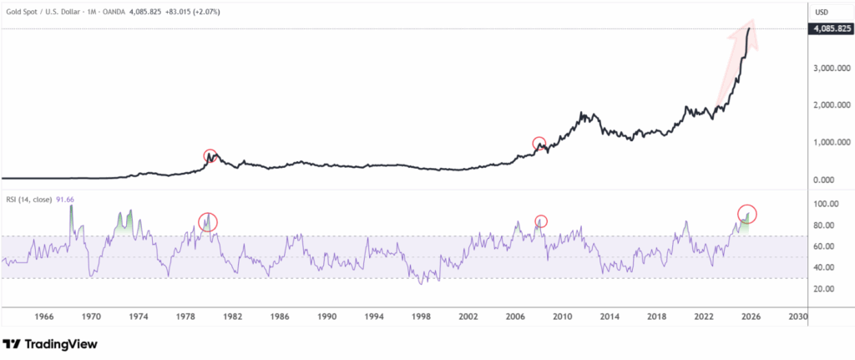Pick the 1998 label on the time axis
[421, 318]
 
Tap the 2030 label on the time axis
[798, 318]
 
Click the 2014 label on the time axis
[610, 318]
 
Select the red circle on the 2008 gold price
[539, 144]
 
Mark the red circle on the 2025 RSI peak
[746, 214]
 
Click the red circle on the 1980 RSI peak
[208, 221]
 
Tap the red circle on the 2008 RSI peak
[541, 221]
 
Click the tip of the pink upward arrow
[751, 21]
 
